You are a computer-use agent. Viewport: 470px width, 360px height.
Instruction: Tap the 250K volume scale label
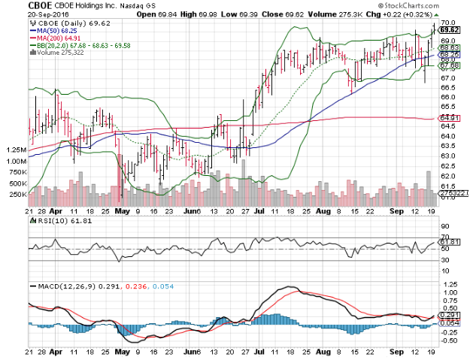[14, 194]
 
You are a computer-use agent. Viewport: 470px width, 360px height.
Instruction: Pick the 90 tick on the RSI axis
[444, 226]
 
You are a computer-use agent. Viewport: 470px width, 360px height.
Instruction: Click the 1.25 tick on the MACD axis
[448, 284]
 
